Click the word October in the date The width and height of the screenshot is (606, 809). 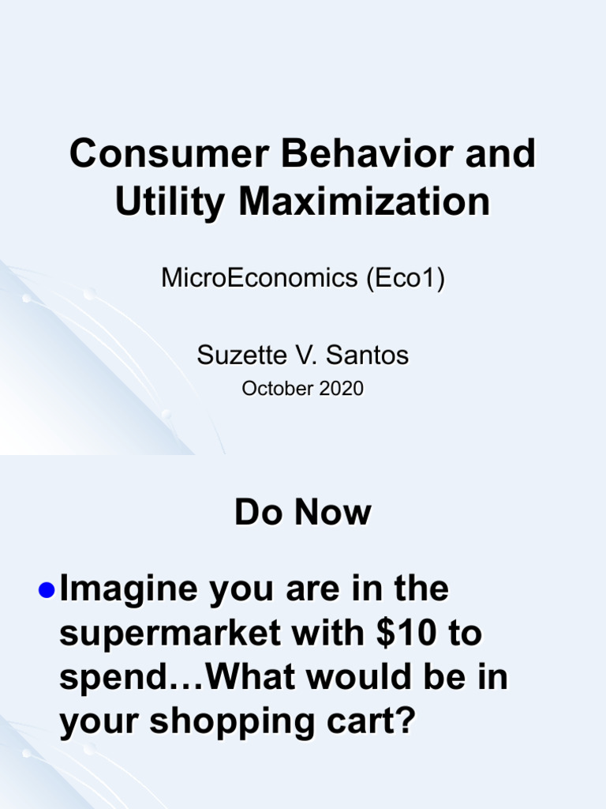tap(271, 389)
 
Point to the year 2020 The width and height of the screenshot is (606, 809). tap(340, 389)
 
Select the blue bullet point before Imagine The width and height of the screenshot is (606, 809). tap(47, 589)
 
